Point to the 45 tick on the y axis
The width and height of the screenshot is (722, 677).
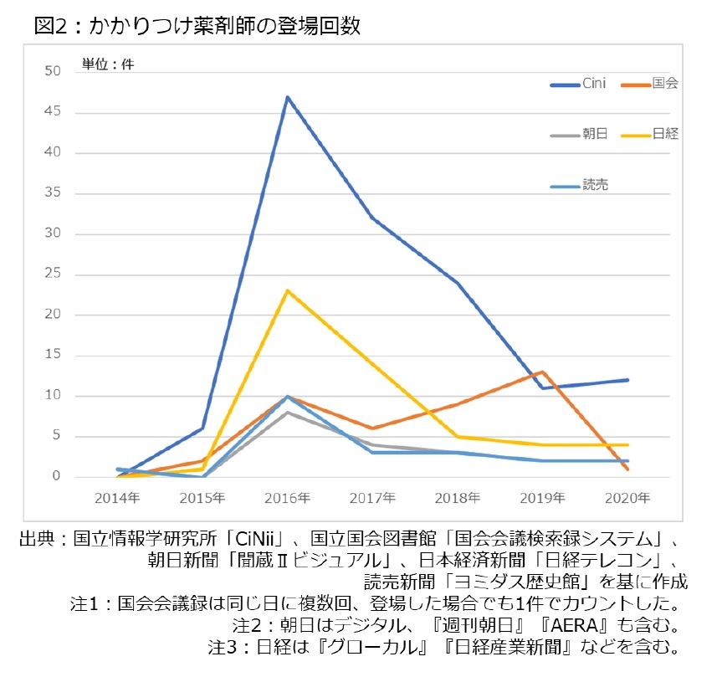[54, 112]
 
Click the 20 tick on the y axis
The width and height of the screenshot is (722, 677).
[54, 315]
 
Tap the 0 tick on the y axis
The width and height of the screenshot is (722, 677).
[57, 477]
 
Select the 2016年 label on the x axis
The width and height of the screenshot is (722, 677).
[288, 498]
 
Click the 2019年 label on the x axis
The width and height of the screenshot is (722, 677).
[543, 498]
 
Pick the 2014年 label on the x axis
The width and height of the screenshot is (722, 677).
[118, 498]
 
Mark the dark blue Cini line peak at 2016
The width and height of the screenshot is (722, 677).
[288, 97]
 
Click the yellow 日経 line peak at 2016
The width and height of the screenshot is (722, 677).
[288, 291]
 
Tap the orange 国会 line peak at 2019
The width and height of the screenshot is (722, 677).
[543, 372]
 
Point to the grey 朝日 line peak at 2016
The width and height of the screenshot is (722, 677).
[288, 413]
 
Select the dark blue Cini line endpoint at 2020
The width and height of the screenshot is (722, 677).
[627, 380]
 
